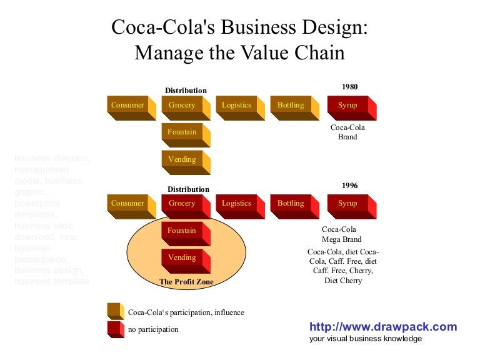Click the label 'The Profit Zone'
pos(186,282)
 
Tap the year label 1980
pos(350,87)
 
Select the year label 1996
pos(350,186)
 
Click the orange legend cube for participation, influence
pos(116,311)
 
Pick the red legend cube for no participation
pos(116,329)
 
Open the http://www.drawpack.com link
pos(383,327)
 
